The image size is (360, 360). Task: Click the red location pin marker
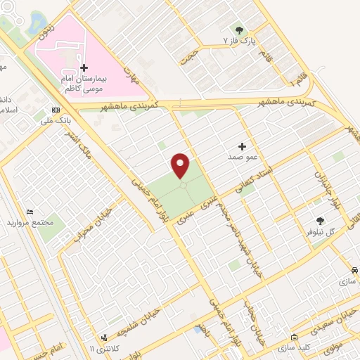181,165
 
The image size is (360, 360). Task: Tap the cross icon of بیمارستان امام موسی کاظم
84,68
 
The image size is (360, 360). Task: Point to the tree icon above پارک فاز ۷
239,30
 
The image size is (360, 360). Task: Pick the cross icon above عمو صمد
243,146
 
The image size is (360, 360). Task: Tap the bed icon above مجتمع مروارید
30,212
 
